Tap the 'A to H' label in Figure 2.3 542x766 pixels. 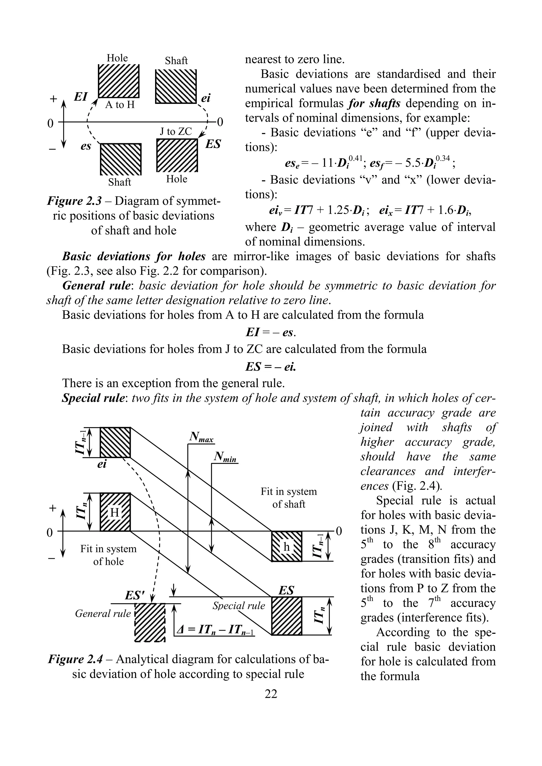pyautogui.click(x=120, y=105)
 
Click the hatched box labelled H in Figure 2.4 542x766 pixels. pyautogui.click(x=115, y=512)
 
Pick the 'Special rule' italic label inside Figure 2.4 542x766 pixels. pyautogui.click(x=239, y=606)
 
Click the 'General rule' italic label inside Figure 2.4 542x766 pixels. pyautogui.click(x=103, y=613)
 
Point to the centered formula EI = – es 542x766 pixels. pyautogui.click(x=270, y=332)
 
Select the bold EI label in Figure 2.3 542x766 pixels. pyautogui.click(x=80, y=97)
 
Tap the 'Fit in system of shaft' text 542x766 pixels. pyautogui.click(x=288, y=497)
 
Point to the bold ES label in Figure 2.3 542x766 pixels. pyautogui.click(x=213, y=145)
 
